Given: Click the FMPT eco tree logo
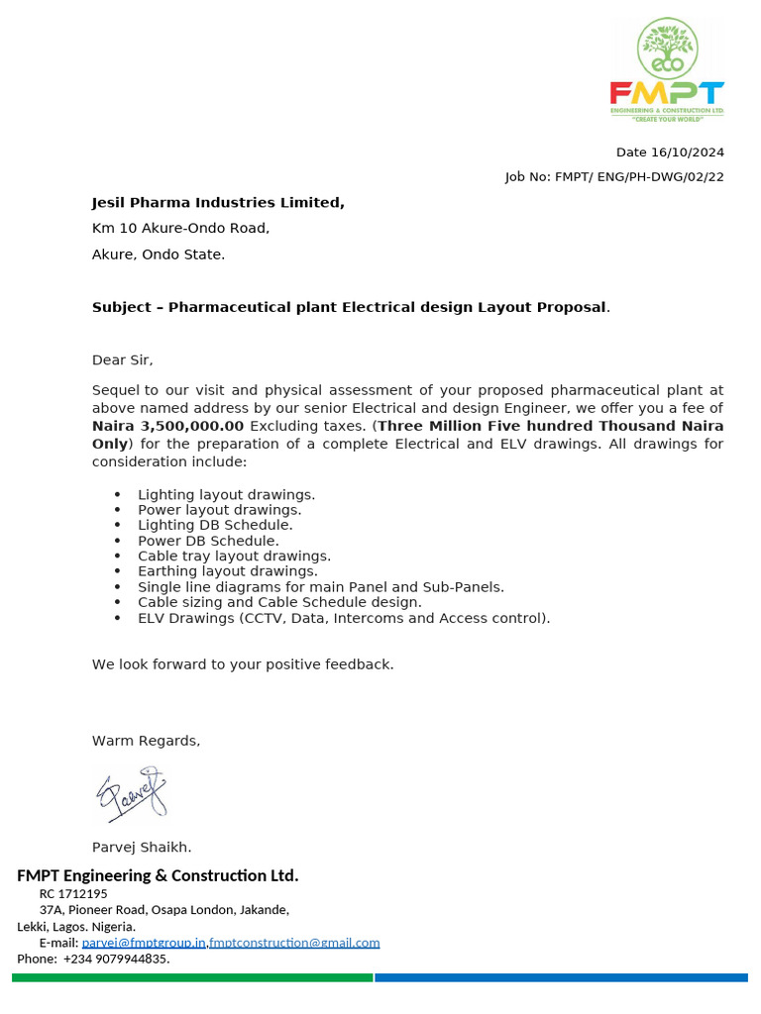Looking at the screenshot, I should point(666,69).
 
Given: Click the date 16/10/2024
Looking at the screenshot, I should point(688,152).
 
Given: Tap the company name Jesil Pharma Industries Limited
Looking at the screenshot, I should point(218,203).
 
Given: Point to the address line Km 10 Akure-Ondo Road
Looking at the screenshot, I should point(180,229).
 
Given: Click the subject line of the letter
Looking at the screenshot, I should point(351,308).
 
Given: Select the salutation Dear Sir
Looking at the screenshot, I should point(123,360).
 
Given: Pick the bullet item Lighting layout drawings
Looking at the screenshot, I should point(226,494).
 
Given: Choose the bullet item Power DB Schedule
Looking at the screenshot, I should point(208,541).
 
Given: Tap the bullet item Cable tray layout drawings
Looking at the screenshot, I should point(234,557).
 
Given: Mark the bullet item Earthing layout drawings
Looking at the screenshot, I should point(228,571).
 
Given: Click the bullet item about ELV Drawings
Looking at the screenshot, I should point(343,619).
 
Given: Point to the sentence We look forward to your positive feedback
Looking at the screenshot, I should point(243,664).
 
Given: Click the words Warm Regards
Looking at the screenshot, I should point(146,741).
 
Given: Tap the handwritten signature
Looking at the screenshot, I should point(131,794).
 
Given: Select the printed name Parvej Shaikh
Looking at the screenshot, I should point(142,848).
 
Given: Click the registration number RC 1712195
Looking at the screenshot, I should point(73,893).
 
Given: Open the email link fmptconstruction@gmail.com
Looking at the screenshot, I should point(294,943).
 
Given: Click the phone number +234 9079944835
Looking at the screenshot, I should point(116,959).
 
